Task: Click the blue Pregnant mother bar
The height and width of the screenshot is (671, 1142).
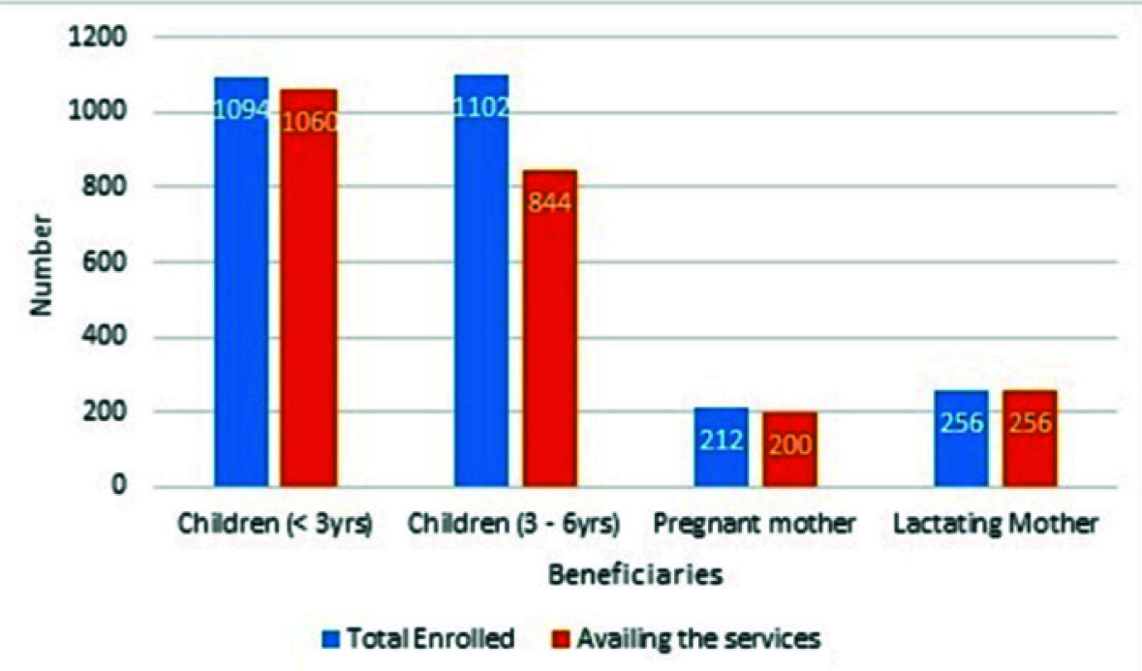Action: (x=721, y=446)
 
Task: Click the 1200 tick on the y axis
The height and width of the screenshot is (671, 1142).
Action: (x=98, y=38)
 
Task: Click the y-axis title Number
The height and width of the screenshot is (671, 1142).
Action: (x=40, y=262)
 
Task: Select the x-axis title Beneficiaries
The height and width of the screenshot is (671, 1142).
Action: (x=634, y=575)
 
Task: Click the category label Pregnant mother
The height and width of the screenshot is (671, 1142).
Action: (x=754, y=524)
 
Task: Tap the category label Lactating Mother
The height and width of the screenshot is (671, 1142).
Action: (x=996, y=524)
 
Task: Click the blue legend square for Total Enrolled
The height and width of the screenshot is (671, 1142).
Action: (x=329, y=639)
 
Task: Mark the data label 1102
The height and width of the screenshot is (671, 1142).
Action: (x=481, y=106)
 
